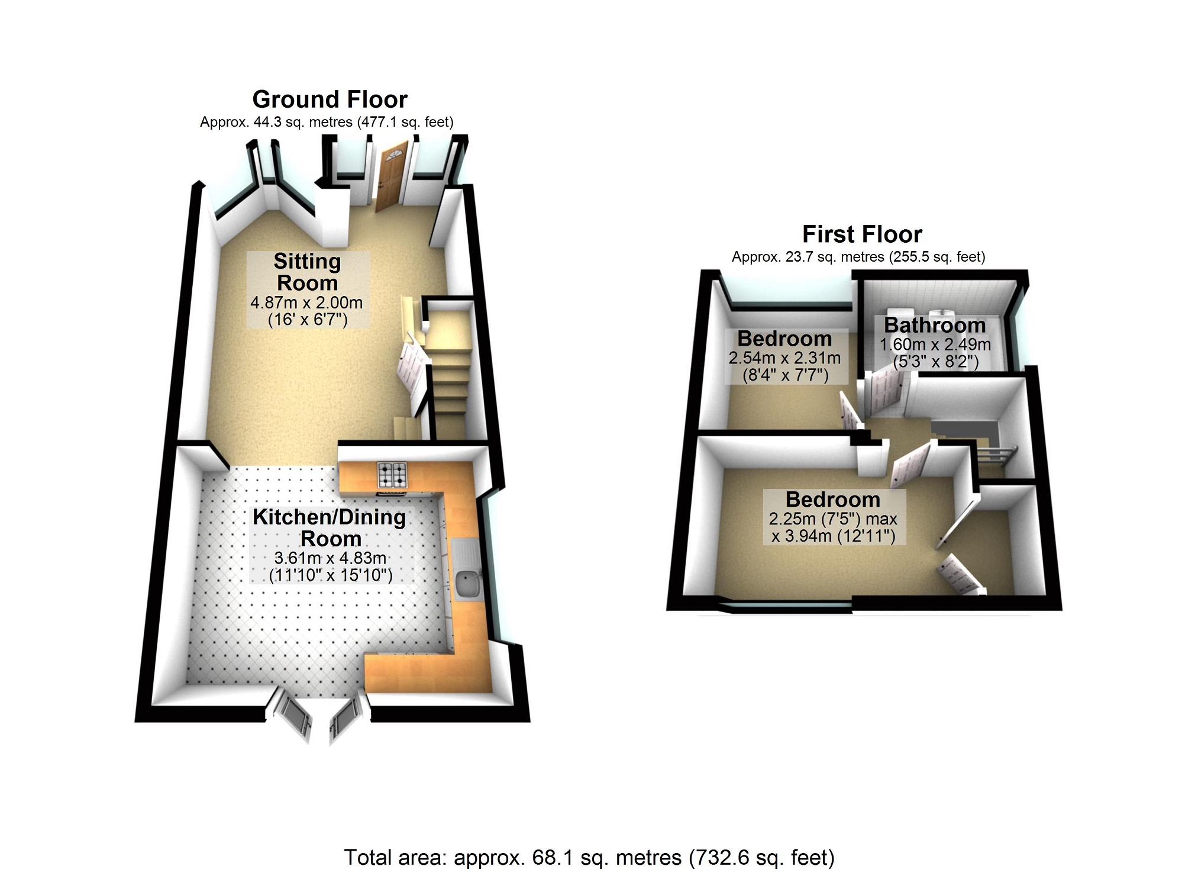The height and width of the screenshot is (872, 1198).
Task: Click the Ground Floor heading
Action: (x=330, y=99)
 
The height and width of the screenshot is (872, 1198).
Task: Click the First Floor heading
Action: (x=861, y=234)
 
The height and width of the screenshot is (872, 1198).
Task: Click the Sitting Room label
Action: (x=307, y=272)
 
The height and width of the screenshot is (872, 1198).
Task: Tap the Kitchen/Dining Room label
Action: (x=330, y=527)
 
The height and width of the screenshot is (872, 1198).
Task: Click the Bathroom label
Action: (x=935, y=325)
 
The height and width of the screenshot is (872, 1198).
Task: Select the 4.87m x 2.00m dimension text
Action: (x=306, y=303)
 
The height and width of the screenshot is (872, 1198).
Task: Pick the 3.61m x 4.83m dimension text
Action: (x=330, y=558)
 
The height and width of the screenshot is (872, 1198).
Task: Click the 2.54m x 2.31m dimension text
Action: (x=784, y=358)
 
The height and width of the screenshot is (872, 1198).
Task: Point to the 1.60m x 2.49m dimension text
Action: (x=935, y=344)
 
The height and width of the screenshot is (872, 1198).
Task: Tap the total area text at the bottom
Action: (x=589, y=857)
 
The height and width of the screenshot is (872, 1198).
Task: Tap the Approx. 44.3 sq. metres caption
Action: (x=327, y=123)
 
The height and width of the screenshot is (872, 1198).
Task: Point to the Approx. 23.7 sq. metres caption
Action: (x=858, y=257)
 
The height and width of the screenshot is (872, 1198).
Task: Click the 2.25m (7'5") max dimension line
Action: (x=833, y=519)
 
